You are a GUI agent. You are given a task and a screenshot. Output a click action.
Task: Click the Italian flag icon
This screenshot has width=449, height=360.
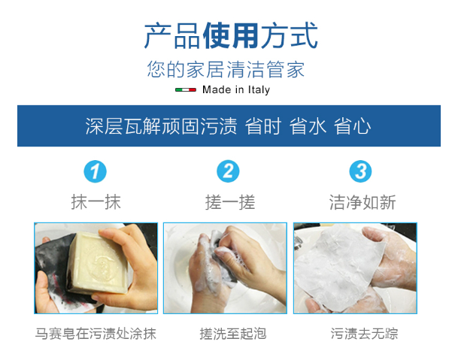(186, 90)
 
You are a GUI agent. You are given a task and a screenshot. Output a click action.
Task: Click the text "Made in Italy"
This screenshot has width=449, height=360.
(236, 90)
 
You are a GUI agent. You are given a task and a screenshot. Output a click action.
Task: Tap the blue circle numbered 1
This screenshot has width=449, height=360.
(95, 171)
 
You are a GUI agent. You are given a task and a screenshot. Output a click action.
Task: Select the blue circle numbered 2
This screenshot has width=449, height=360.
(228, 171)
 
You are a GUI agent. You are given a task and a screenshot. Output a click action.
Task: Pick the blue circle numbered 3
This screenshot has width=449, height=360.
(360, 171)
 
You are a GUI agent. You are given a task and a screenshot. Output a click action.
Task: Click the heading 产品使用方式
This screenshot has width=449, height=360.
(231, 35)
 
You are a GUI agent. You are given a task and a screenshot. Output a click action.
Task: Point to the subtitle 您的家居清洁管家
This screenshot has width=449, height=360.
(226, 70)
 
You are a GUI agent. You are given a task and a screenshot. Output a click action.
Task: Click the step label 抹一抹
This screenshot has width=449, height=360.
(96, 202)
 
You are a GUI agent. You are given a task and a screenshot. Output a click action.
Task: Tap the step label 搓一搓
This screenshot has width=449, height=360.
(230, 202)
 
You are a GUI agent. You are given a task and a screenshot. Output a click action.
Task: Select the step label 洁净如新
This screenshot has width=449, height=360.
(363, 202)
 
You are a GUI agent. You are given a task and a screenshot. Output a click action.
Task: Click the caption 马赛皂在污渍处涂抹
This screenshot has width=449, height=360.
(96, 334)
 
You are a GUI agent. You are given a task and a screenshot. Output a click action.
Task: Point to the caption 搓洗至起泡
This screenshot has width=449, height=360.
(233, 334)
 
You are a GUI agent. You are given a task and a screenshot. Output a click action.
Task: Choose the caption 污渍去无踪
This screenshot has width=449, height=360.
(364, 334)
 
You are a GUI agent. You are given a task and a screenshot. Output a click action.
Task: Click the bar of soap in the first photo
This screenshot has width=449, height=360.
(97, 264)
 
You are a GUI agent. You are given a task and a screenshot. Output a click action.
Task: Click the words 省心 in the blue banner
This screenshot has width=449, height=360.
(352, 126)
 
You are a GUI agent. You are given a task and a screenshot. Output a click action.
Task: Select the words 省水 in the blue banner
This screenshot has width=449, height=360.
(308, 126)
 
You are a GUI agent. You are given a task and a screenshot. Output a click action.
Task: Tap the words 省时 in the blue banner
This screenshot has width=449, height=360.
(263, 126)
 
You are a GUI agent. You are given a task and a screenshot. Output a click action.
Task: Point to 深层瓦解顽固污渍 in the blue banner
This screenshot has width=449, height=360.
(161, 126)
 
